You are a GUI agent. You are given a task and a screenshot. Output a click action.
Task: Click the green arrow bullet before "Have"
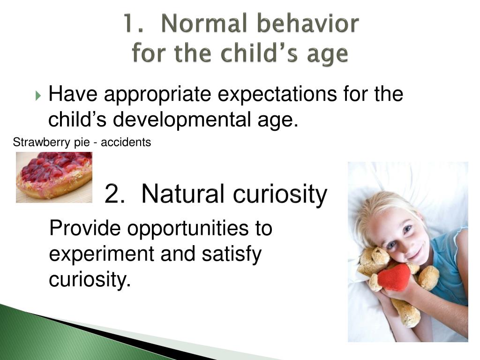(38, 96)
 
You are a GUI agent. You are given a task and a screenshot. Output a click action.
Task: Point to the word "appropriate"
(157, 95)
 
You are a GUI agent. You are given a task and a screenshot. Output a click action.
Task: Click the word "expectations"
(277, 95)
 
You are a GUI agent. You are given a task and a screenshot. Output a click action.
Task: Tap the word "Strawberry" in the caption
(41, 142)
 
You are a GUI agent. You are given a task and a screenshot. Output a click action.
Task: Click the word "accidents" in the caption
(126, 142)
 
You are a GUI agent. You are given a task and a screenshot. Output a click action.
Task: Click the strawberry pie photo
(54, 177)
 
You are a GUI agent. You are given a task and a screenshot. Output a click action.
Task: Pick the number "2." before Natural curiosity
(115, 194)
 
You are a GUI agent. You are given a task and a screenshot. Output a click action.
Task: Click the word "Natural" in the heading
(184, 194)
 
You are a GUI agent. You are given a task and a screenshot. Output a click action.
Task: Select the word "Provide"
(85, 228)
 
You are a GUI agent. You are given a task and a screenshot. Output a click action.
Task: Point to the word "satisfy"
(232, 254)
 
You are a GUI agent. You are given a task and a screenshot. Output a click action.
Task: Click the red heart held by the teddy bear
(394, 277)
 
